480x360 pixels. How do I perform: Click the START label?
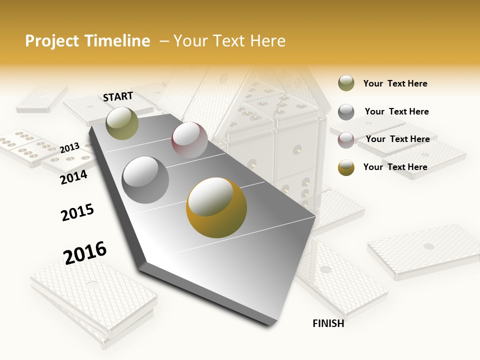(x=118, y=96)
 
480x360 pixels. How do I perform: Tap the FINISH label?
(x=328, y=323)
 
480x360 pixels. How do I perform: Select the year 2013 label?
(x=69, y=148)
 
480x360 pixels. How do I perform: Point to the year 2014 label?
(x=73, y=177)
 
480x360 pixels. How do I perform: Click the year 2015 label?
(x=77, y=212)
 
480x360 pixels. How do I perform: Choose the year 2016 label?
(x=85, y=252)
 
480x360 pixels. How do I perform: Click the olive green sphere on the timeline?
(x=122, y=123)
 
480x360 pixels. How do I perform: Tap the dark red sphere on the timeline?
(x=189, y=140)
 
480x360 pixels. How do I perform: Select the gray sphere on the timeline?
(x=145, y=179)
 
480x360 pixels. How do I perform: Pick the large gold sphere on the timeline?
(x=216, y=207)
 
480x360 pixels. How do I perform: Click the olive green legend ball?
(x=346, y=83)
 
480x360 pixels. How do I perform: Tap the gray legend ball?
(x=346, y=112)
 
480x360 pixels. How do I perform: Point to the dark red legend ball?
(x=346, y=139)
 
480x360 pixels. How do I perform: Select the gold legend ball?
(x=346, y=167)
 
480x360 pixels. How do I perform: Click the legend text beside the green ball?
(x=395, y=83)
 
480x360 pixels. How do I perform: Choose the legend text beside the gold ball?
(x=395, y=167)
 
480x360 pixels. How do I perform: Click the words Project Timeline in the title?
(x=87, y=41)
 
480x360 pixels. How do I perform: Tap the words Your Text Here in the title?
(x=229, y=41)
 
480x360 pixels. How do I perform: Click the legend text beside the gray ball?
(x=396, y=111)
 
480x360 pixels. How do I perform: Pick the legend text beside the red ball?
(x=397, y=139)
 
